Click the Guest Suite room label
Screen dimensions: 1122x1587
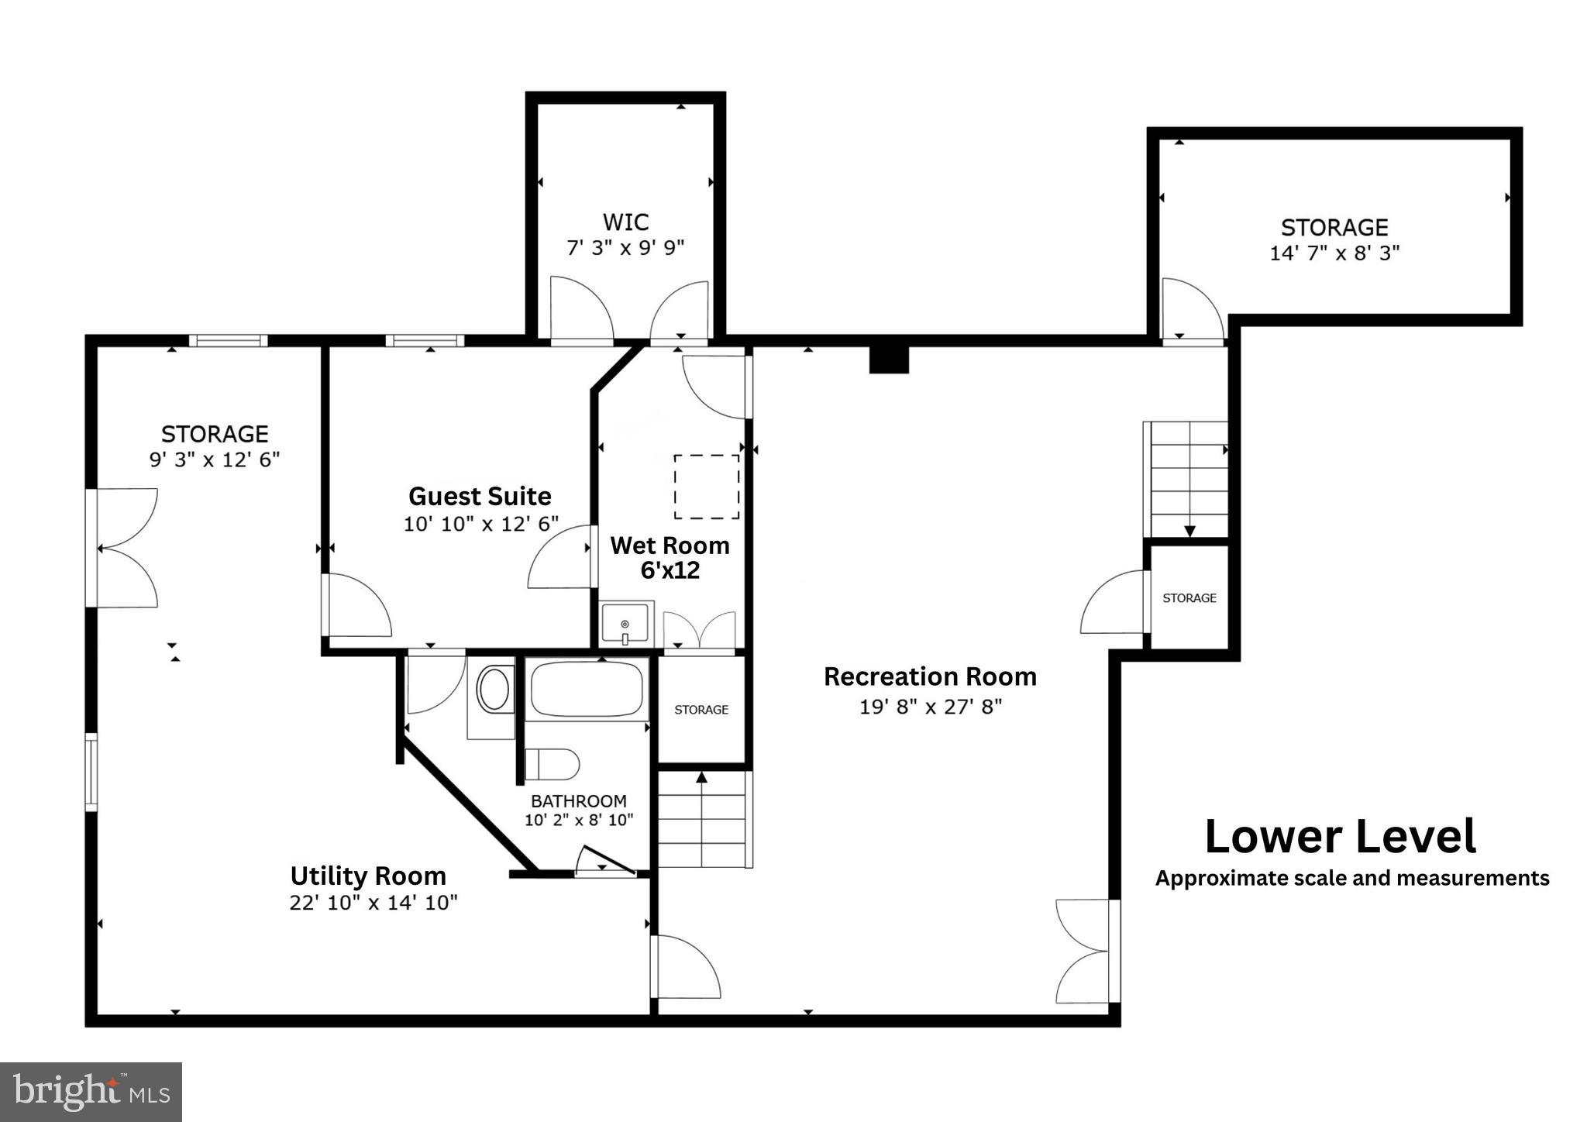(480, 496)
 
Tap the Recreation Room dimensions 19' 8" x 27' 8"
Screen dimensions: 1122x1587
(930, 707)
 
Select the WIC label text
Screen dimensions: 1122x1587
(625, 222)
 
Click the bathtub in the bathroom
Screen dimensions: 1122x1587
(587, 688)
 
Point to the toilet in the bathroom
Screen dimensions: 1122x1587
(552, 764)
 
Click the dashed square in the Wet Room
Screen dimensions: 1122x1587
(706, 487)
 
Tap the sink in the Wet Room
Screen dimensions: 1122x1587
(625, 624)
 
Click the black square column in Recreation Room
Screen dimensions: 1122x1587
(888, 360)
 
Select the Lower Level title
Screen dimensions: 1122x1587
(1340, 837)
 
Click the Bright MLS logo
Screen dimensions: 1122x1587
(91, 1092)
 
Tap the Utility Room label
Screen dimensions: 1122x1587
(368, 876)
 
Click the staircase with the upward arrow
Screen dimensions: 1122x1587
(704, 820)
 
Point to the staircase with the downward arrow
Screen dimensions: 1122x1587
(1188, 479)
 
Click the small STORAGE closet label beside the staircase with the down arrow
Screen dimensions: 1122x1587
(1189, 598)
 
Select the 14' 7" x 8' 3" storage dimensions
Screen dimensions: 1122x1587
(1334, 253)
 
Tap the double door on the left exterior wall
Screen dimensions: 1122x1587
(124, 548)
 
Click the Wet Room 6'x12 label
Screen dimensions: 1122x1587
(670, 558)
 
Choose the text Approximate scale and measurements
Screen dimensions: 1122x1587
(1351, 878)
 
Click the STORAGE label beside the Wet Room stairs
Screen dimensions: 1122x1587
(701, 710)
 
